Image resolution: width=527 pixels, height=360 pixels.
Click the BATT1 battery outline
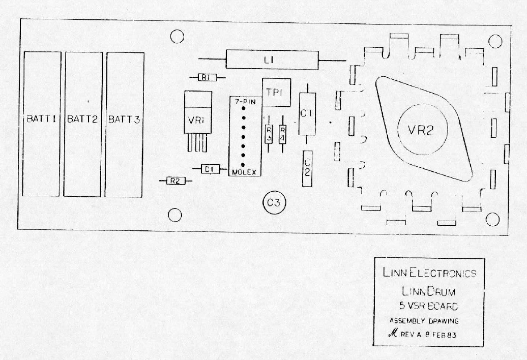point(42,124)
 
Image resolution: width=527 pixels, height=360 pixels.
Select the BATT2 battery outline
point(82,124)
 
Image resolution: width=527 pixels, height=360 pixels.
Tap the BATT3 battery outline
point(124,124)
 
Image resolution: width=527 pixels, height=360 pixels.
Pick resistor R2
point(174,181)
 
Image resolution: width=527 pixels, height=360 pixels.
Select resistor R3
point(269,135)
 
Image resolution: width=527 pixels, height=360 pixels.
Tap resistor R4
point(282,135)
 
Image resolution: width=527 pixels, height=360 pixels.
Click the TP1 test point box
point(276,92)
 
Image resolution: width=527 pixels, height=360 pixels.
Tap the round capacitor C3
point(274,203)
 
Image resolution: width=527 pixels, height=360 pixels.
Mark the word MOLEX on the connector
point(245,172)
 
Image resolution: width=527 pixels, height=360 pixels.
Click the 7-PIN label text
point(245,102)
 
